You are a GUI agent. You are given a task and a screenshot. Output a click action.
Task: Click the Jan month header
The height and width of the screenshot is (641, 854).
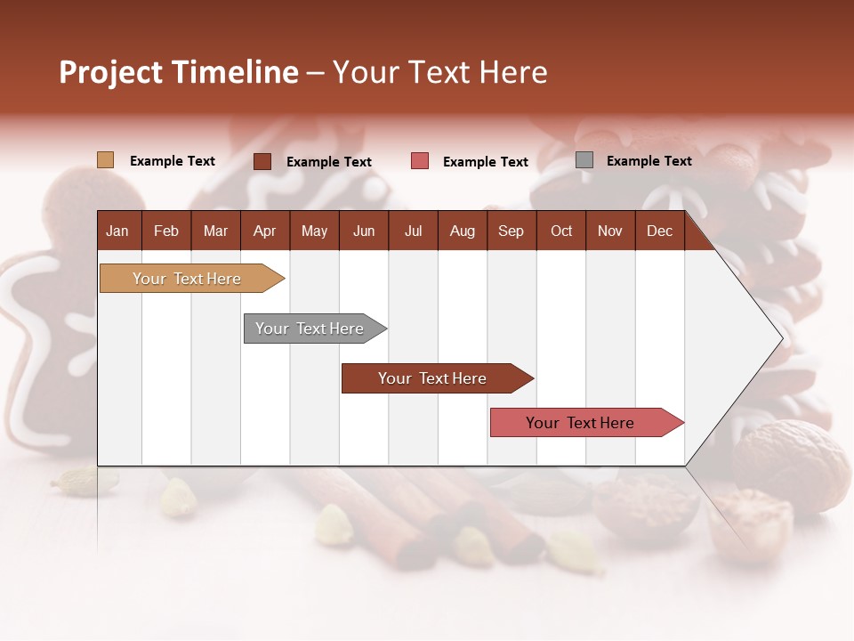pos(118,231)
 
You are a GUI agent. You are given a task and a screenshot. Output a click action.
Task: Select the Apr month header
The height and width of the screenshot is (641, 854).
pos(265,231)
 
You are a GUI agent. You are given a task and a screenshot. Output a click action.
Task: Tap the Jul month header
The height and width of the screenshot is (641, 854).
pos(413,231)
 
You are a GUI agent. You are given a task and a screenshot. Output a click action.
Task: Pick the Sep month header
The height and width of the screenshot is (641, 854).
pos(511,231)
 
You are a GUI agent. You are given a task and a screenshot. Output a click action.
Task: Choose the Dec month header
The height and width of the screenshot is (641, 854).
pos(659,231)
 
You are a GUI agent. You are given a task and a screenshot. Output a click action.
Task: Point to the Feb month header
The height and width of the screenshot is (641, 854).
pos(166,231)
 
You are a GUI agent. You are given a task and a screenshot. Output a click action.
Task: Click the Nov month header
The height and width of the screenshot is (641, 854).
pos(609,231)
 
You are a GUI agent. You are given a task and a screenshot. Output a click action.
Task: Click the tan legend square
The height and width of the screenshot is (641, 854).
pos(105,160)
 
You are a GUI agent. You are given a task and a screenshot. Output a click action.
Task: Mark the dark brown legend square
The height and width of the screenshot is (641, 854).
pos(262,161)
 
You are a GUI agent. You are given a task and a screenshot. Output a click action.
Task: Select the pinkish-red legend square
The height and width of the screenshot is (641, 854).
pos(420,161)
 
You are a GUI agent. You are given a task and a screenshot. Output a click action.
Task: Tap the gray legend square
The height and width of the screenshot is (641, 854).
pos(584,160)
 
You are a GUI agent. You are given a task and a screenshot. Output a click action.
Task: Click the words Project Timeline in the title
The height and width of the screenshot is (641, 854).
pos(179,72)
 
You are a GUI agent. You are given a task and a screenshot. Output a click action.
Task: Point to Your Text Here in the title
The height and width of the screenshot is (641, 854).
pos(439,72)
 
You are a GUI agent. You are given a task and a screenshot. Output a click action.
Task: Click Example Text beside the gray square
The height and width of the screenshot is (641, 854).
pos(649,161)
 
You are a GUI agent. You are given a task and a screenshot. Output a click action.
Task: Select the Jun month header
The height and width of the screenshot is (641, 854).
pos(363,231)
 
